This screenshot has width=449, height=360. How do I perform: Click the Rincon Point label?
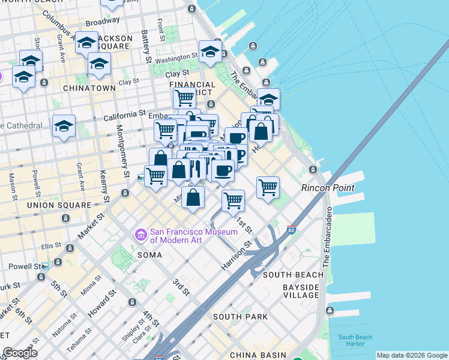pos(328,188)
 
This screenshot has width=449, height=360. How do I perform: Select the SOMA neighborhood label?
pos(149,254)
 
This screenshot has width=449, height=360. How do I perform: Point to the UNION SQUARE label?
pos(58,205)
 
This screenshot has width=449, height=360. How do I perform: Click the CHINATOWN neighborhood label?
pos(89,88)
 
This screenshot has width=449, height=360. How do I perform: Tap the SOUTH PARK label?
pos(240,316)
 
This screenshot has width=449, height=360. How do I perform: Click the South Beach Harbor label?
pos(355,341)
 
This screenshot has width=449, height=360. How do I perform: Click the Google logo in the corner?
pos(19,353)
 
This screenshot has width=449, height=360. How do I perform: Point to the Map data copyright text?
pos(411,355)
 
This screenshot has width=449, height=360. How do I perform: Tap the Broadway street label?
pos(98,22)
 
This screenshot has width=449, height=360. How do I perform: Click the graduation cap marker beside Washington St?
pos(210,52)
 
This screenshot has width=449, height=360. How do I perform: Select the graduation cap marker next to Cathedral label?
pos(64,126)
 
